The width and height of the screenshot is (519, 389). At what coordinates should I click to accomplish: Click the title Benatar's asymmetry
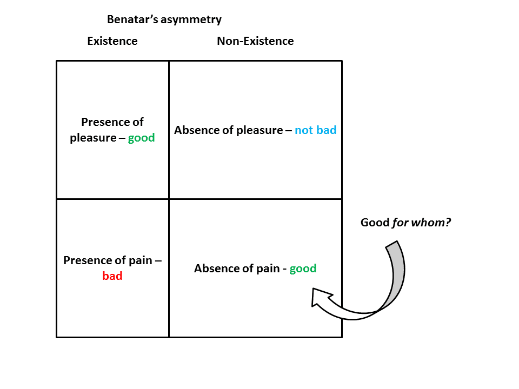[x=164, y=19]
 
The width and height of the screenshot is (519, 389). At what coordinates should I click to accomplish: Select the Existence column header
[x=112, y=41]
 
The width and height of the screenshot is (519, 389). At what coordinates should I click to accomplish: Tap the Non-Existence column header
[x=255, y=41]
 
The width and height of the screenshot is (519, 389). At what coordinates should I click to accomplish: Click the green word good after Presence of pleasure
[x=141, y=138]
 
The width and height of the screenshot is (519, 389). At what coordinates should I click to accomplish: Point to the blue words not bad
[x=316, y=130]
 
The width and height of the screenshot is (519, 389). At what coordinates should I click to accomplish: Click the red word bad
[x=112, y=276]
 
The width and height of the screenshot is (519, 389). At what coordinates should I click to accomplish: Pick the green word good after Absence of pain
[x=303, y=269]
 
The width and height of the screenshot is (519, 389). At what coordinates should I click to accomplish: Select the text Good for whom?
[x=405, y=222]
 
